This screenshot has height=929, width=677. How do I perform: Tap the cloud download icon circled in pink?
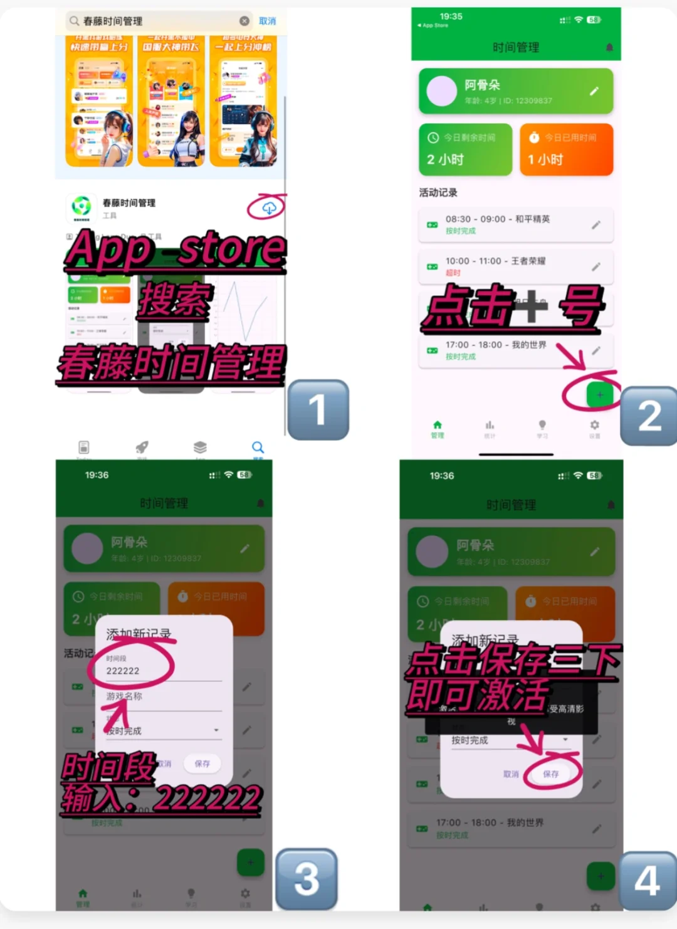269,208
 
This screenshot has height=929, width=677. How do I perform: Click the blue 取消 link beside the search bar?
268,21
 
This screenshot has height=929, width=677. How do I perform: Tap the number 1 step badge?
318,410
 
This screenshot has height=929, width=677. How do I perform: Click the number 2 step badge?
649,416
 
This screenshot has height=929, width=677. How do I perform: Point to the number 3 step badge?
307,878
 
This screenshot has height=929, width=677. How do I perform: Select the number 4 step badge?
648,880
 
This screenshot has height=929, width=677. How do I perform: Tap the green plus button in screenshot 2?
599,395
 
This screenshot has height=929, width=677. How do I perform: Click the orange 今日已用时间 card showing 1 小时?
566,149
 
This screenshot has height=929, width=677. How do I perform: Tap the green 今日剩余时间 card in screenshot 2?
465,149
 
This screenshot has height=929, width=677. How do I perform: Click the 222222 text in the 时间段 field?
123,671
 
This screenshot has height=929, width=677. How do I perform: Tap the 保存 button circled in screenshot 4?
551,774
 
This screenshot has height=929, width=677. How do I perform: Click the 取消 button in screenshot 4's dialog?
511,774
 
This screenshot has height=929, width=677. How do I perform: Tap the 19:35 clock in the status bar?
451,16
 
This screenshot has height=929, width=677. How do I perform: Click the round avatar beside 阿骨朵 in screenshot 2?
442,92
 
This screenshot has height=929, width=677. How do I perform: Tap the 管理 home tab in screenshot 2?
438,429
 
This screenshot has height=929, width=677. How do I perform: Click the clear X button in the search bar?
244,21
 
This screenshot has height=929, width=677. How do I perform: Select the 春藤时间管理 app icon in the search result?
81,207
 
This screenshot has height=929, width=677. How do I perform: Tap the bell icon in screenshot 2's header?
609,48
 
